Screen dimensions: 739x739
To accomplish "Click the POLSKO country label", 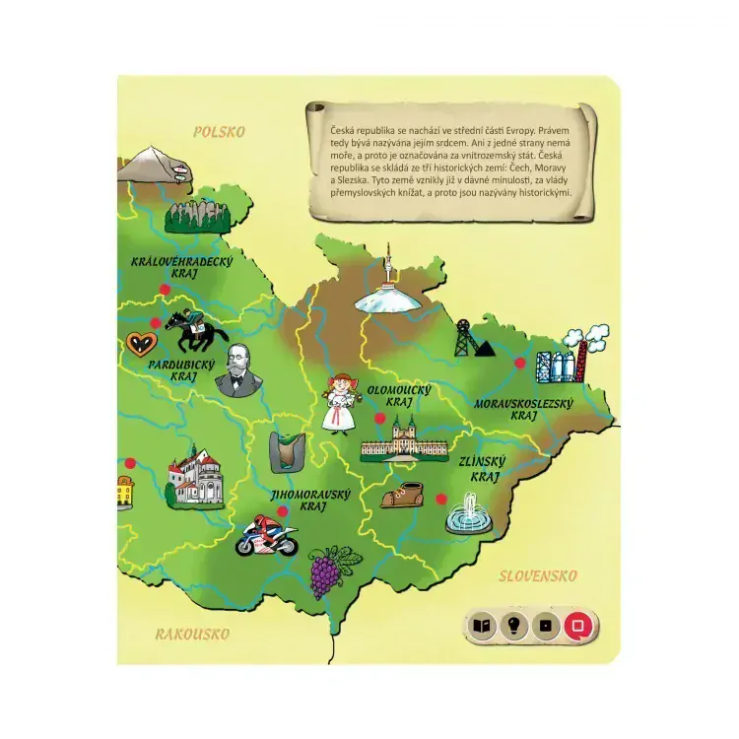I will [x=219, y=131].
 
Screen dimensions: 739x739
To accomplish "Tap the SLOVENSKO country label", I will [x=537, y=575].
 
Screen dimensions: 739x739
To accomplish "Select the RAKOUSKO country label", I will [x=192, y=634].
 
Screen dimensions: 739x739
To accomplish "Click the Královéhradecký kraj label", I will [x=182, y=266].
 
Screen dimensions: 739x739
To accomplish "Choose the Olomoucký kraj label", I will [x=399, y=396].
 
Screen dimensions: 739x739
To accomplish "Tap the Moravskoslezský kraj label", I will [x=537, y=408].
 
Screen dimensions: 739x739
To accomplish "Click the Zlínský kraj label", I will [x=483, y=469].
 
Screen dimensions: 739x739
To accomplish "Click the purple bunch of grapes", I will [x=323, y=572].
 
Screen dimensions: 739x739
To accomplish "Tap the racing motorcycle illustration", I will [x=266, y=535].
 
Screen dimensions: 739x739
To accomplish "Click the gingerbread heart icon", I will [x=140, y=345].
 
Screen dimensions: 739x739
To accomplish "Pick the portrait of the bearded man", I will [x=236, y=370].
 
